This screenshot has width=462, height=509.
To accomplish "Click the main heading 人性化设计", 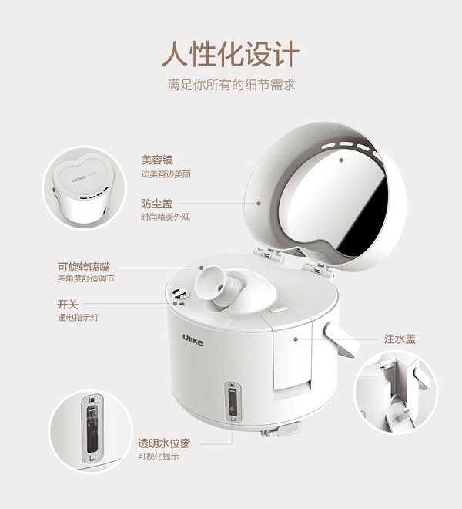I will [x=230, y=55].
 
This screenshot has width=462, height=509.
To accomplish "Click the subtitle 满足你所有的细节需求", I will [x=231, y=86].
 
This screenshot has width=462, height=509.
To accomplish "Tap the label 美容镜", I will [x=157, y=160].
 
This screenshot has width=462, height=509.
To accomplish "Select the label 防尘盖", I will [x=157, y=204].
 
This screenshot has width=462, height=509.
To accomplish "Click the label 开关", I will [x=68, y=304].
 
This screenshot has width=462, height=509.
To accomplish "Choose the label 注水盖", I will [x=400, y=339].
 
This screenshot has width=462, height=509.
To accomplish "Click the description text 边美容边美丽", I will [x=165, y=174].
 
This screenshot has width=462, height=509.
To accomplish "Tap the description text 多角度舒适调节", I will [x=85, y=278].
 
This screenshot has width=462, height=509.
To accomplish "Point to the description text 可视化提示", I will [x=158, y=457].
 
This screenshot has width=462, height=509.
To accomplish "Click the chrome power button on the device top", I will [x=179, y=293].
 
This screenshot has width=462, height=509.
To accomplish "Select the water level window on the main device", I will [x=231, y=401].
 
